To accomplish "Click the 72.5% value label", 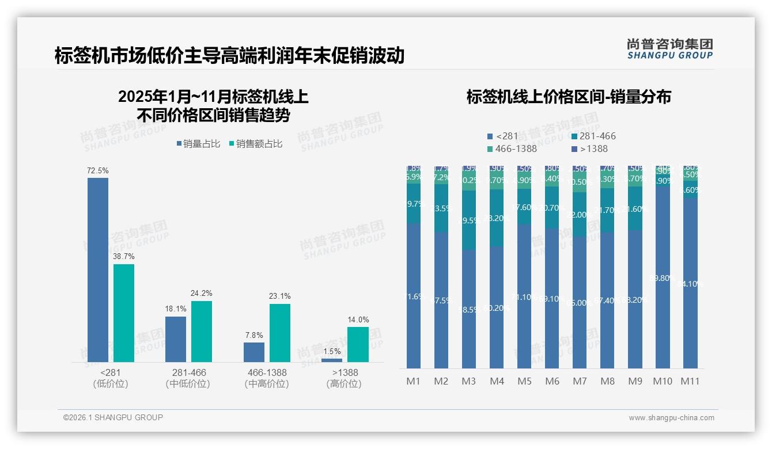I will click(x=98, y=171).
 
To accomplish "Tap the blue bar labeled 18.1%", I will click(x=176, y=339).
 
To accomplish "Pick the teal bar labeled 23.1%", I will click(x=280, y=333).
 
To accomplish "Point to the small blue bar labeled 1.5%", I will click(x=332, y=360).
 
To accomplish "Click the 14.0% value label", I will click(x=358, y=320).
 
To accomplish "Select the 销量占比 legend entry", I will click(x=198, y=144).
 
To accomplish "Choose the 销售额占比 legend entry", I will click(x=255, y=144).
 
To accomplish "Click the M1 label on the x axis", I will click(x=413, y=381).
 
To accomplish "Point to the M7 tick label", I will click(x=580, y=381).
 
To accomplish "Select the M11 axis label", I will click(x=690, y=381).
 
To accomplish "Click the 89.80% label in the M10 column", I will click(x=663, y=278).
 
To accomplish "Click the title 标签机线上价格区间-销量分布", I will click(x=569, y=97).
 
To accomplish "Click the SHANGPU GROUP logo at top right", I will click(x=670, y=49).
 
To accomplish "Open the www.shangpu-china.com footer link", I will click(x=671, y=418).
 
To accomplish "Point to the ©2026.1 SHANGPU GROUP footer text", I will click(x=113, y=417).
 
